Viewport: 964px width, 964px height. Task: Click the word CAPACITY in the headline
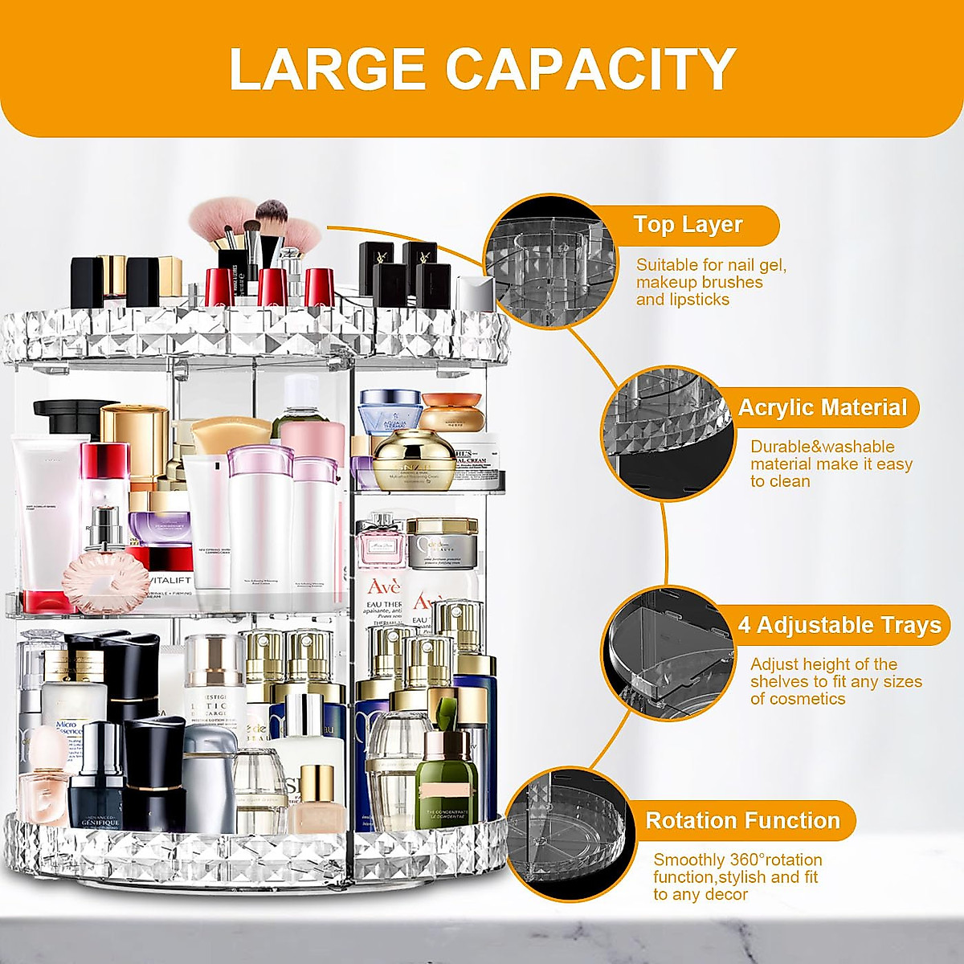(x=590, y=69)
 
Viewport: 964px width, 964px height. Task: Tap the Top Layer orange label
(x=688, y=225)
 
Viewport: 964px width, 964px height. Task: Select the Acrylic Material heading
(x=822, y=408)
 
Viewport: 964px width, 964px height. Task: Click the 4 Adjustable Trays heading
(x=839, y=625)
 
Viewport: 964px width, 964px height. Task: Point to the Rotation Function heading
(x=742, y=821)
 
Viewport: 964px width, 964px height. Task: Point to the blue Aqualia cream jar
(x=390, y=411)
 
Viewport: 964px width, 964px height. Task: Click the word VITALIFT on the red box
(x=170, y=580)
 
